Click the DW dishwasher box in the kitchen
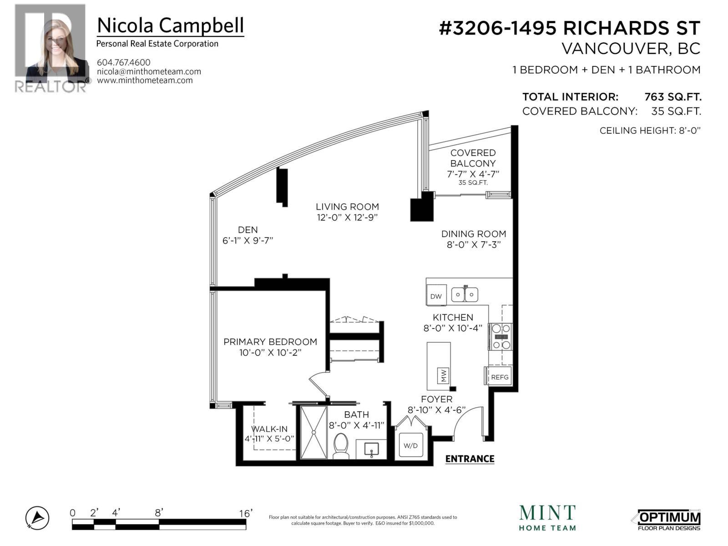coord(436,296)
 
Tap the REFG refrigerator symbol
coord(499,377)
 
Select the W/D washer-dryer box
coord(410,445)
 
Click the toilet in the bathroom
coord(341,446)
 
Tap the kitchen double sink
coord(465,295)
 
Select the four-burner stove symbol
coord(500,337)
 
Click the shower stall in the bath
coord(313,432)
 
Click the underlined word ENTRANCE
coord(470,459)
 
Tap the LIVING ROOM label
coord(348,207)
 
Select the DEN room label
coord(248,230)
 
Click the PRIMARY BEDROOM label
coord(270,342)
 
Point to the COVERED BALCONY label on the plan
coord(473,158)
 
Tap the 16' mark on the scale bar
coord(246,514)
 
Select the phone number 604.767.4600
coord(124,62)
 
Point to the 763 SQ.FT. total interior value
coord(673,97)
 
